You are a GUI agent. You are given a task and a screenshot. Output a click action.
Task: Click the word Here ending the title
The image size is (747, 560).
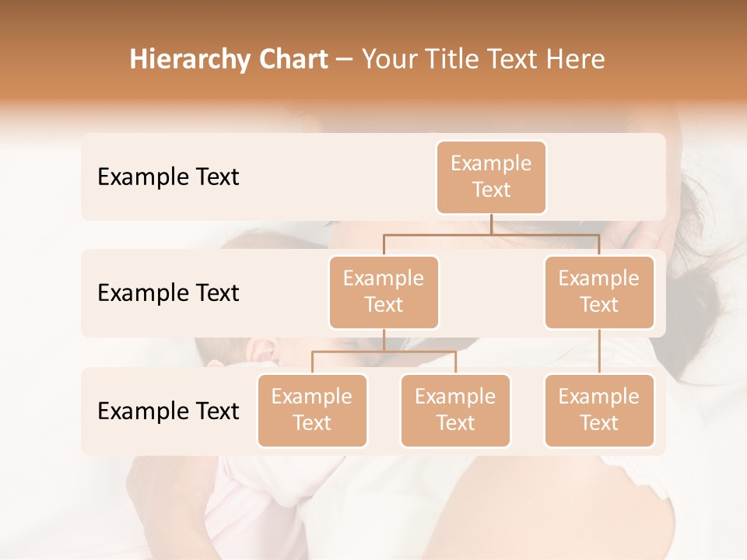(x=576, y=60)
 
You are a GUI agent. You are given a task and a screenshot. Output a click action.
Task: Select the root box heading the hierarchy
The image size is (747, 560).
(x=491, y=177)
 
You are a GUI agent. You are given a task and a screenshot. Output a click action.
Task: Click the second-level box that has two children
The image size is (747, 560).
(x=384, y=292)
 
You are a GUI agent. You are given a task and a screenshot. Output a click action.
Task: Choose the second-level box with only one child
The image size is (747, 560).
(x=599, y=292)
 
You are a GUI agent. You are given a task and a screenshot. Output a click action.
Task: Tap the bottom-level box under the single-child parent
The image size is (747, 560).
(x=599, y=410)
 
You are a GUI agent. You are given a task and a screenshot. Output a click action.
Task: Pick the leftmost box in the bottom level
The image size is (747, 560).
(x=312, y=410)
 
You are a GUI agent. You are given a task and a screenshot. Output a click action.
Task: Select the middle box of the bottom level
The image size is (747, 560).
(x=455, y=410)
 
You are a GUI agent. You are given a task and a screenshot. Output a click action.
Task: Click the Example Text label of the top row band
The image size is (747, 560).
(x=168, y=177)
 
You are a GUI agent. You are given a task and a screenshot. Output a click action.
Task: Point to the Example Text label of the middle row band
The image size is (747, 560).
(x=168, y=292)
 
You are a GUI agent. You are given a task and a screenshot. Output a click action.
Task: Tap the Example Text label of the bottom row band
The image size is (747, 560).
(x=168, y=411)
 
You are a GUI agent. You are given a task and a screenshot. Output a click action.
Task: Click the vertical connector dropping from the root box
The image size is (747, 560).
(x=491, y=224)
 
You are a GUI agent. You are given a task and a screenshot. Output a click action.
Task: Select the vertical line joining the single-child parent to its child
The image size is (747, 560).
(x=599, y=352)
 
